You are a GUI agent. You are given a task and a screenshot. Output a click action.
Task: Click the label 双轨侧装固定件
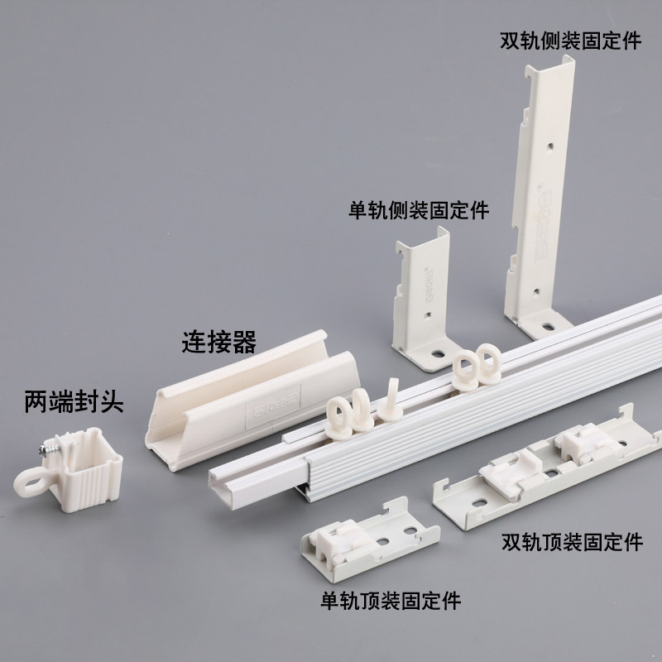click(x=570, y=41)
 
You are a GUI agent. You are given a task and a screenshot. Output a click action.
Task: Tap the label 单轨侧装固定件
click(x=420, y=210)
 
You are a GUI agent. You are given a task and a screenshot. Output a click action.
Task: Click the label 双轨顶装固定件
click(x=572, y=543)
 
